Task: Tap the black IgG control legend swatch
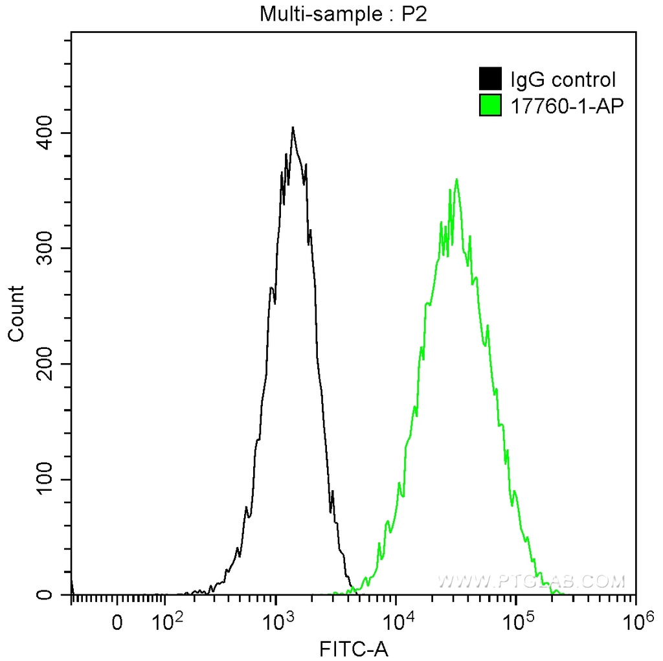click(x=490, y=80)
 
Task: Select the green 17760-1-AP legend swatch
click(x=490, y=104)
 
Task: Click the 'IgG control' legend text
click(x=563, y=80)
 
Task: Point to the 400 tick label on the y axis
click(x=43, y=133)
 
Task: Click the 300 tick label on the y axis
click(x=43, y=249)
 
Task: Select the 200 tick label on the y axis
click(x=43, y=364)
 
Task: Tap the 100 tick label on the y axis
click(x=43, y=479)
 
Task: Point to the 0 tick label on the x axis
click(x=117, y=623)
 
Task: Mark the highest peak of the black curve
click(x=293, y=128)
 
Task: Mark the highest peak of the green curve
click(x=457, y=179)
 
